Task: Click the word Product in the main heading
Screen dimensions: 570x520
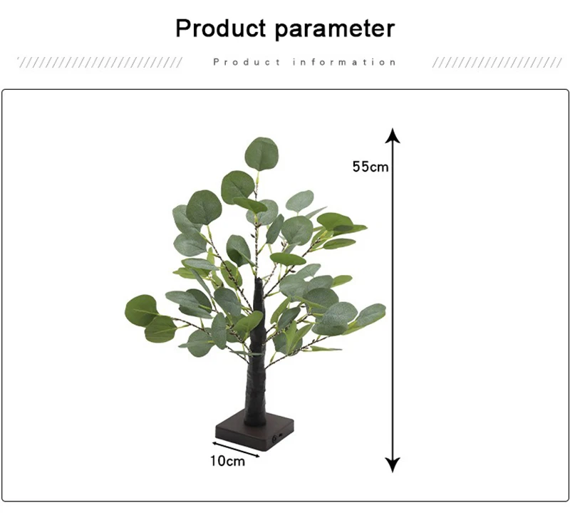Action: [x=221, y=28]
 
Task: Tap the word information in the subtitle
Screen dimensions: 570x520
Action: [x=344, y=62]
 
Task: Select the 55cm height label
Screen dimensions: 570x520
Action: [x=370, y=167]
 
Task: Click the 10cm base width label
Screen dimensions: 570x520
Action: [x=227, y=461]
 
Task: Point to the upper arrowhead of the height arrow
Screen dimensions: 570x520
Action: [x=393, y=135]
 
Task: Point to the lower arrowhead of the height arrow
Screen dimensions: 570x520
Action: [x=393, y=464]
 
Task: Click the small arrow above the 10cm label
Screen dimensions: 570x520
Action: [x=236, y=449]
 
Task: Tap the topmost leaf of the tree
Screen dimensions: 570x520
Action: [x=261, y=154]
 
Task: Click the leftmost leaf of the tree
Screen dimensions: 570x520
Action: [x=141, y=311]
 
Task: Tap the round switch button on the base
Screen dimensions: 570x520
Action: [x=274, y=440]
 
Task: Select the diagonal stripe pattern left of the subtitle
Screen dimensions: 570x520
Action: [x=100, y=63]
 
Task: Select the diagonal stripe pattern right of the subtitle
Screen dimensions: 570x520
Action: [x=497, y=63]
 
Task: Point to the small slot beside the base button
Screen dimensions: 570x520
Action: [x=281, y=435]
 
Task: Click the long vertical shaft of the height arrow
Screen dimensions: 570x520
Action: [x=393, y=300]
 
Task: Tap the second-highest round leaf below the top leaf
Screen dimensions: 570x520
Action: [x=238, y=187]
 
